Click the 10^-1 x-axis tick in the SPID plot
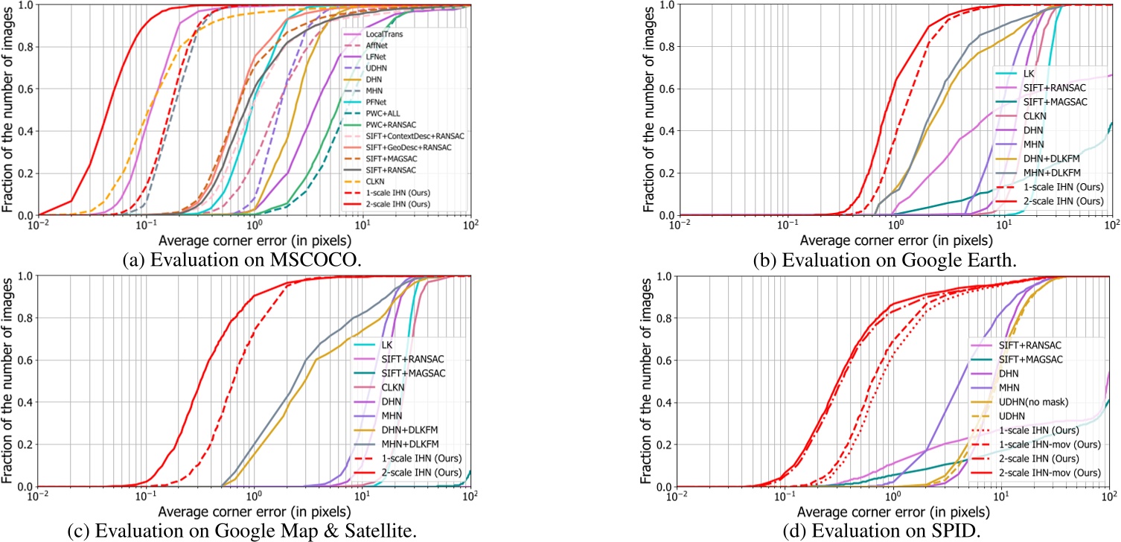784,498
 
